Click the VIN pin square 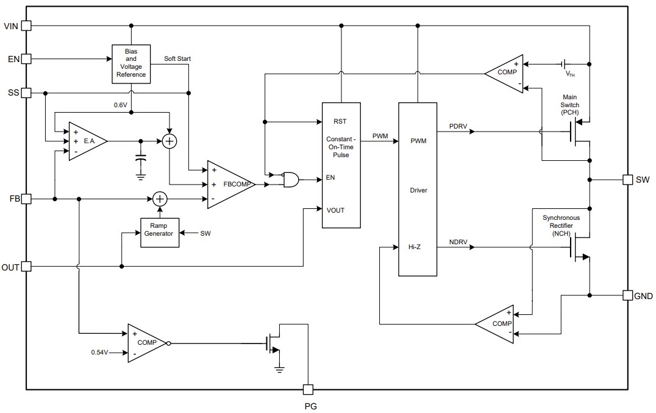tap(26, 26)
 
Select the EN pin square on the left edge tap(26, 59)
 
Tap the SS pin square tap(26, 93)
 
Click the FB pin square tap(26, 199)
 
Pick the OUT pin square tap(26, 267)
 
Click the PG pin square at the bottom tap(308, 389)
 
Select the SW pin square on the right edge tap(627, 180)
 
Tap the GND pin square tap(627, 295)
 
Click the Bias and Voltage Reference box tap(131, 63)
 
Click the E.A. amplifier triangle tap(86, 141)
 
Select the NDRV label tap(458, 241)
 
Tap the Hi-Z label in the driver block tap(415, 247)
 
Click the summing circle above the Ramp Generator tap(160, 199)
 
